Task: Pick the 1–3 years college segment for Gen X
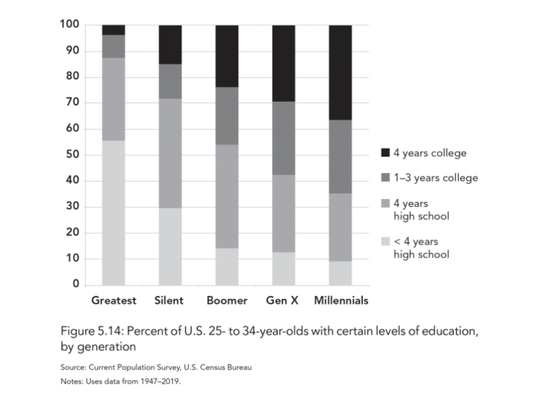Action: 283,138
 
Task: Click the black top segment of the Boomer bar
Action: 227,56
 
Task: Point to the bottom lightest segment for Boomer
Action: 227,267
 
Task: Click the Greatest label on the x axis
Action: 115,300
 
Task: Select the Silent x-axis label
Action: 169,300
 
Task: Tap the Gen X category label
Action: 282,300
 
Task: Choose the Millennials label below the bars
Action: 340,300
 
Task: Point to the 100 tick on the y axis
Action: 69,25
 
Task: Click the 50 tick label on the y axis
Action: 71,155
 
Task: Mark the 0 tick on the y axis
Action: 75,285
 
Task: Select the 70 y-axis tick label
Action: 71,103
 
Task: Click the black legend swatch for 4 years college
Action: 385,153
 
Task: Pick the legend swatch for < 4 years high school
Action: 385,242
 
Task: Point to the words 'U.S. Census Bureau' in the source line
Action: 213,368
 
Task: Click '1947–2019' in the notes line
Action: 162,381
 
